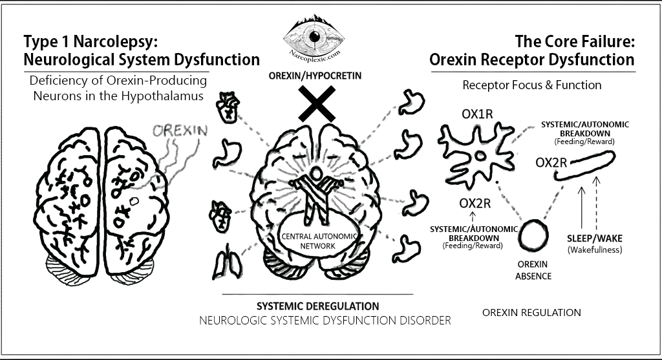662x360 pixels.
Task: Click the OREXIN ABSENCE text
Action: pyautogui.click(x=534, y=271)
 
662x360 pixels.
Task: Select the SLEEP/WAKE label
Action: pyautogui.click(x=594, y=237)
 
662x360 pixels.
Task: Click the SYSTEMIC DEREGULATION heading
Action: pyautogui.click(x=318, y=305)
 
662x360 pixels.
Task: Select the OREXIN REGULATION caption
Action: pyautogui.click(x=531, y=313)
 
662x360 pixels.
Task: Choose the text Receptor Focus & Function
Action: pyautogui.click(x=531, y=85)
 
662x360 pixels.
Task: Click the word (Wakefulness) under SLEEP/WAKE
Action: pyautogui.click(x=594, y=249)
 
